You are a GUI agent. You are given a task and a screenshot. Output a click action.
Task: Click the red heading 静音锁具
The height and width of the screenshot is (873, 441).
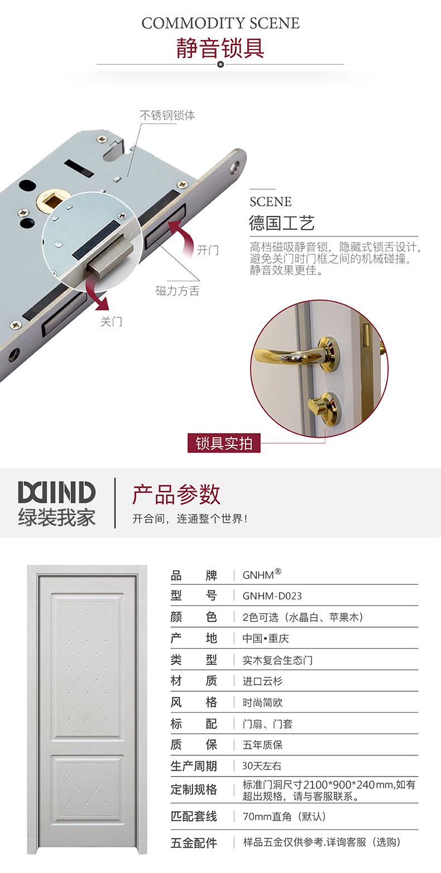(220, 48)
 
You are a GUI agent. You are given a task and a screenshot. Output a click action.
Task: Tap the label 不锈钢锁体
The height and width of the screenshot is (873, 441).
(167, 115)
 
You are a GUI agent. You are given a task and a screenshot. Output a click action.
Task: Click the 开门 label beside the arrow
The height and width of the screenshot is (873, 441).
(208, 250)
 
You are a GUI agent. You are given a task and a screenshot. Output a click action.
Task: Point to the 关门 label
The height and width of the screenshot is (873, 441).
(111, 322)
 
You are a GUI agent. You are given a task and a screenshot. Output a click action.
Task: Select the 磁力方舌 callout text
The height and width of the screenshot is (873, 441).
(177, 291)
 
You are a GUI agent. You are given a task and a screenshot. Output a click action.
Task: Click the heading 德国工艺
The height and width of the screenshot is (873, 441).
(282, 223)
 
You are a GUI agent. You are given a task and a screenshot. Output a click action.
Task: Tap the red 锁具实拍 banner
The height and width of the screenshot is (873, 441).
(224, 443)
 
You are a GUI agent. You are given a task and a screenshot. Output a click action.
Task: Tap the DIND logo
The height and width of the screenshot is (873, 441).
(56, 492)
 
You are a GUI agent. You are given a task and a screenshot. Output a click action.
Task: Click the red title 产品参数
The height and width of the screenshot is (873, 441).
(176, 494)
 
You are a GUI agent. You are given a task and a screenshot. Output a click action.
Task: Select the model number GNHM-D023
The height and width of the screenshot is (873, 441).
(272, 596)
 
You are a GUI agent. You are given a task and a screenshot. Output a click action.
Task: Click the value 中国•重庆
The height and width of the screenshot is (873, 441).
(266, 638)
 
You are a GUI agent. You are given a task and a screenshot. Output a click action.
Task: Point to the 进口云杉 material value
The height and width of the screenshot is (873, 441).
(262, 681)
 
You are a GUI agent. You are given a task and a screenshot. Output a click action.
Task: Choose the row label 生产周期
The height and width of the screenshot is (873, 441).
(194, 766)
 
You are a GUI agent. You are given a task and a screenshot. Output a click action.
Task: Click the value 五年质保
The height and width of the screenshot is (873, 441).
(262, 745)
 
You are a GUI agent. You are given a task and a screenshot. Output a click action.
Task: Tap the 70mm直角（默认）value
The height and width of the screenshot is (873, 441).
(285, 817)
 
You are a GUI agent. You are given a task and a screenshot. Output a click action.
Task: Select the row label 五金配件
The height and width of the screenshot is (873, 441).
(194, 843)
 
